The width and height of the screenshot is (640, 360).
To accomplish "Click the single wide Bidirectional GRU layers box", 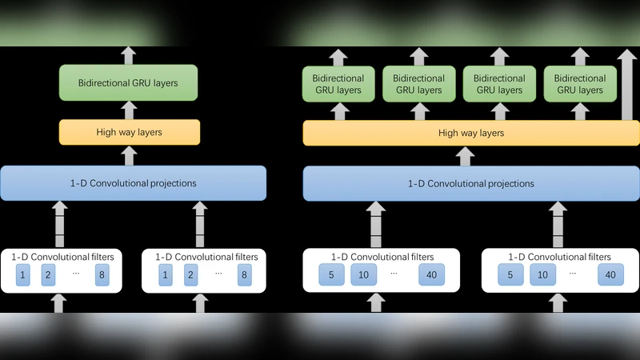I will click(128, 82).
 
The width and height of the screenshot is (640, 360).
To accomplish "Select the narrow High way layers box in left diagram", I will click(128, 132).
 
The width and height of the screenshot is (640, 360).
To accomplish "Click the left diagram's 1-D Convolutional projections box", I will click(133, 183).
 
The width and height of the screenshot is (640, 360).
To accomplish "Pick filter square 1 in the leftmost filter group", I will click(24, 275).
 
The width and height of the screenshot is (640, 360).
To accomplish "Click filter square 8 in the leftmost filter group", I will click(101, 275).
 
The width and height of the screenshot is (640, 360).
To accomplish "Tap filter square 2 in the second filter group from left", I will click(190, 275).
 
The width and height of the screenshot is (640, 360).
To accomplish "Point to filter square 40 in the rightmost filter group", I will click(610, 275).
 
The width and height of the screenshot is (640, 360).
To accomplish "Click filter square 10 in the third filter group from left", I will click(363, 275).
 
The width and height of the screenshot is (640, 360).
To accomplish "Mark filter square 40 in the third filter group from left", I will click(430, 275).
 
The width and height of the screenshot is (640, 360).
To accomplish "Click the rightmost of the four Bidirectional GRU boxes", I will click(578, 84).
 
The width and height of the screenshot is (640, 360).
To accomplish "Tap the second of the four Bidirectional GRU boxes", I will click(418, 84).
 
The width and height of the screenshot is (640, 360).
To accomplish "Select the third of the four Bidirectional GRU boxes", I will click(498, 84).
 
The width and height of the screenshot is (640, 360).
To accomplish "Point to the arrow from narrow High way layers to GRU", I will click(129, 110).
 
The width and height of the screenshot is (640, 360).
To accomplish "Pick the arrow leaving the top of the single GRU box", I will click(129, 55).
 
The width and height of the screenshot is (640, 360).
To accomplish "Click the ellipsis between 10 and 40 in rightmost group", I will click(573, 272).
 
